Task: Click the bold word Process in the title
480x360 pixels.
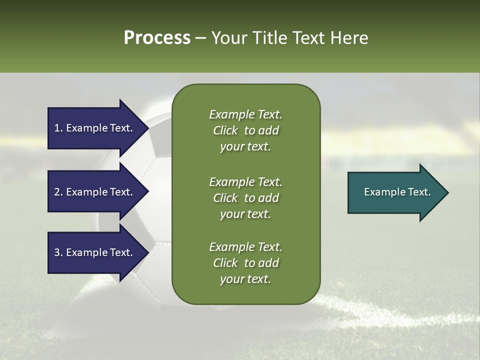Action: (x=157, y=38)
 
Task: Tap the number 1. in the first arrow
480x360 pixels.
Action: (x=58, y=128)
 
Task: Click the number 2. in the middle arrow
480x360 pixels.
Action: (x=58, y=192)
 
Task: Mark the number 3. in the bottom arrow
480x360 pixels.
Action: (x=58, y=252)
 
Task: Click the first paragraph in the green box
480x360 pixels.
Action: (x=245, y=130)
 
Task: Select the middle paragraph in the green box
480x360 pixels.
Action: (x=245, y=197)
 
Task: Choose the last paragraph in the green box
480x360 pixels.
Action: (x=245, y=263)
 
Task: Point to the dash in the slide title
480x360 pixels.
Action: (x=200, y=38)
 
